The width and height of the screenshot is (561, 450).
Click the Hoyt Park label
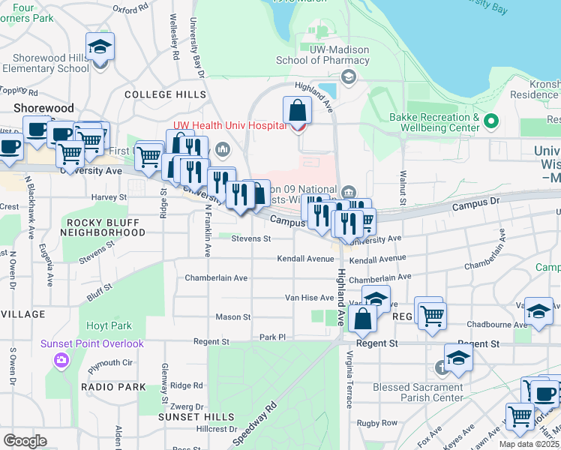pyautogui.click(x=109, y=326)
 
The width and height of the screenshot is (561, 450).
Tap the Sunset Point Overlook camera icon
pyautogui.click(x=61, y=361)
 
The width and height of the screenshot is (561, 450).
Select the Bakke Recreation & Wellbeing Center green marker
pyautogui.click(x=491, y=121)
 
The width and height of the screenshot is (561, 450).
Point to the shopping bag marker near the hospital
pyautogui.click(x=298, y=111)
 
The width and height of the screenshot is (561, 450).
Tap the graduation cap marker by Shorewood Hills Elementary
pyautogui.click(x=100, y=49)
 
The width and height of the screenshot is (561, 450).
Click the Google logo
pyautogui.click(x=25, y=441)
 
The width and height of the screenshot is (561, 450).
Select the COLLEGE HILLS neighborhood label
pyautogui.click(x=165, y=94)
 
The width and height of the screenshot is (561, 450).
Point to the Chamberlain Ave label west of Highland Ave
pyautogui.click(x=216, y=277)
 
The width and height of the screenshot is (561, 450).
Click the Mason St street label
pyautogui.click(x=232, y=317)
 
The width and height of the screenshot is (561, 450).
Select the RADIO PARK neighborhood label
pyautogui.click(x=115, y=387)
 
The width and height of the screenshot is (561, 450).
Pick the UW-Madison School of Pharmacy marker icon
pyautogui.click(x=348, y=76)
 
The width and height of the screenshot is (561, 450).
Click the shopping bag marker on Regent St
pyautogui.click(x=362, y=319)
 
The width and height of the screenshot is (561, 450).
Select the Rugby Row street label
pyautogui.click(x=377, y=423)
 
